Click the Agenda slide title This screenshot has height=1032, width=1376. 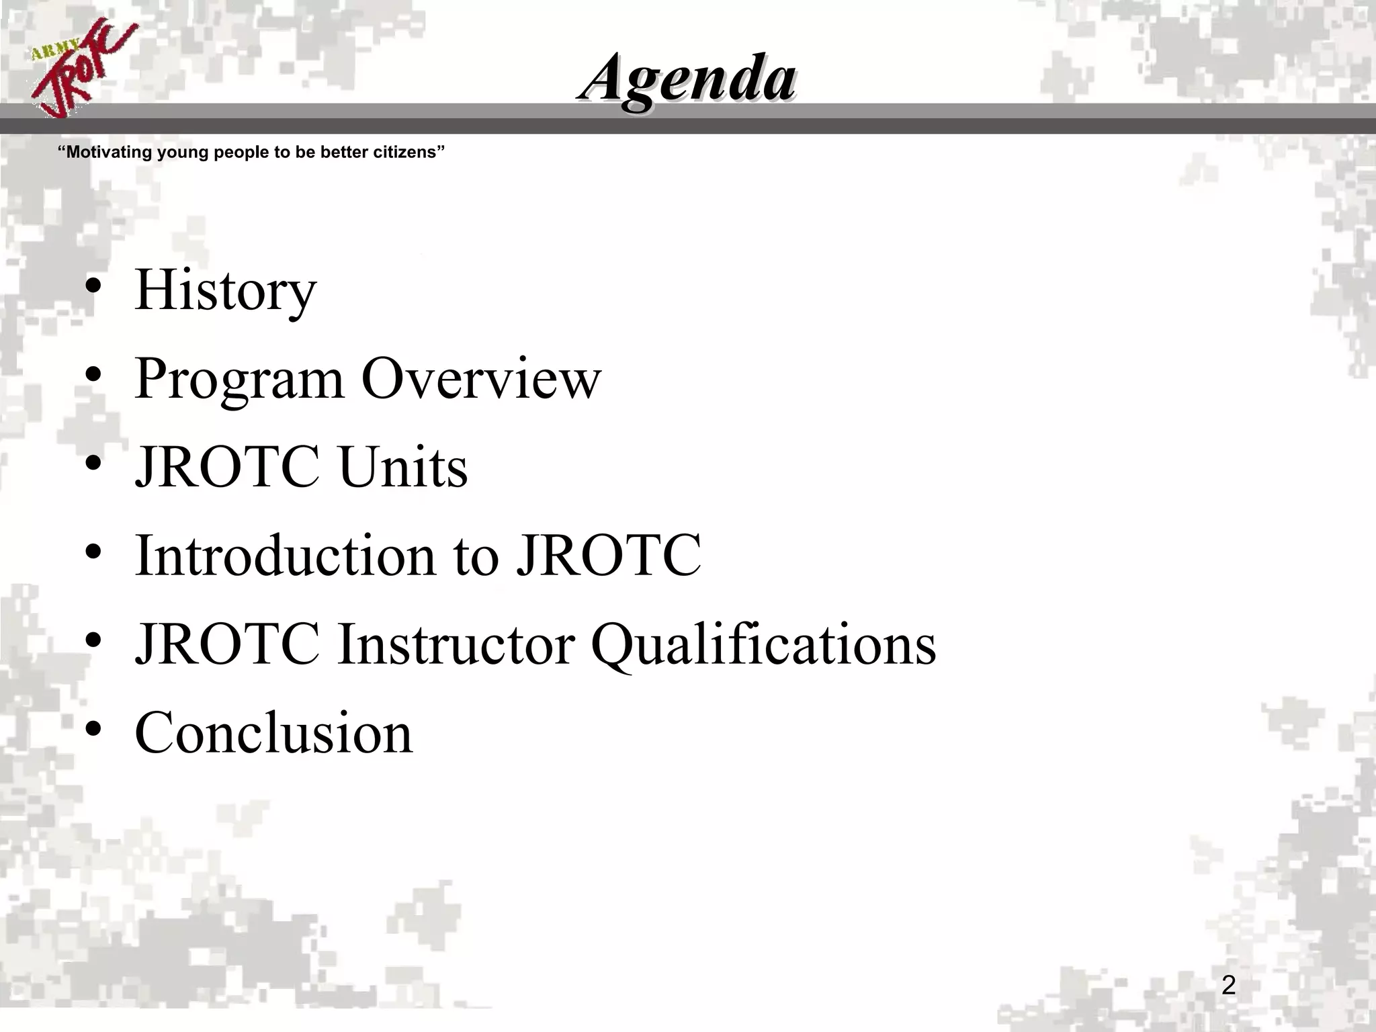tap(687, 79)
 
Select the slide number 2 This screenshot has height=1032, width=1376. tap(1228, 986)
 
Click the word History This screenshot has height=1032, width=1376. tap(225, 290)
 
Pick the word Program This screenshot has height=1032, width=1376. tap(239, 379)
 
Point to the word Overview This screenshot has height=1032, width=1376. tap(481, 379)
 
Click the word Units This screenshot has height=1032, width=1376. tap(403, 467)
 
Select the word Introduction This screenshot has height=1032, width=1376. tap(285, 556)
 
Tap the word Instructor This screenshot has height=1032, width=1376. tap(456, 644)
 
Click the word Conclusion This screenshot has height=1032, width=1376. tap(273, 732)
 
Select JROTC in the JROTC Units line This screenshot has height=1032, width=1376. tap(227, 467)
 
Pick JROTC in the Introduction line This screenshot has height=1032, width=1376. tap(609, 556)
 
